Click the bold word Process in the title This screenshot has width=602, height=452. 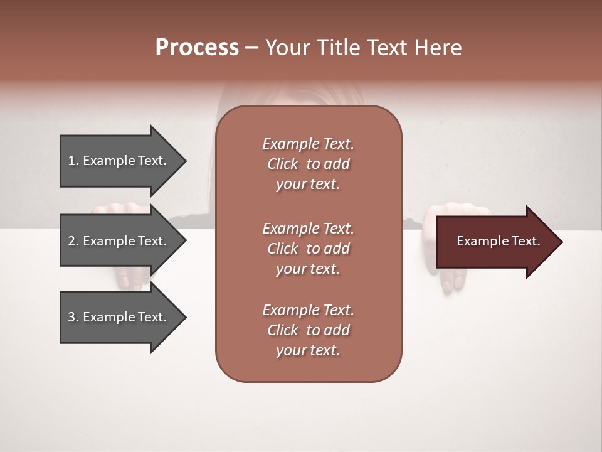tap(197, 48)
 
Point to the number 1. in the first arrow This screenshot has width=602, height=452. tap(73, 161)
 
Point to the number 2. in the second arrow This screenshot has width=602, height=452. tap(73, 241)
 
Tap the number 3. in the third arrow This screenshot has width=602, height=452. tap(73, 317)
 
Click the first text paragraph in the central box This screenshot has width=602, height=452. tap(308, 164)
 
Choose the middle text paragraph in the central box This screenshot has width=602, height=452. tap(308, 249)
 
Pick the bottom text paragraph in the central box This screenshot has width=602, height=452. tap(308, 330)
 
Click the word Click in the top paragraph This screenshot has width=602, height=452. tap(282, 164)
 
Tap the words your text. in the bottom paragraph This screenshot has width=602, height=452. tap(308, 350)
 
